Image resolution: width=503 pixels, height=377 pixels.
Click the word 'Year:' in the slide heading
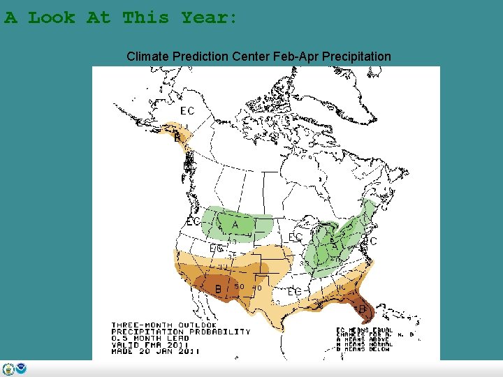[x=210, y=17]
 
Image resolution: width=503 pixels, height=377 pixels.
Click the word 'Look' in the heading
[x=52, y=17]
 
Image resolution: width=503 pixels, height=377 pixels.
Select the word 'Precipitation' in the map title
[x=355, y=56]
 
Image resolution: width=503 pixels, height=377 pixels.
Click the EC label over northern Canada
[x=187, y=111]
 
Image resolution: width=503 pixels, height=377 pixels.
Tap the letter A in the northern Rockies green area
[x=235, y=225]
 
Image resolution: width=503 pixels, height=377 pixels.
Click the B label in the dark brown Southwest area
[x=218, y=288]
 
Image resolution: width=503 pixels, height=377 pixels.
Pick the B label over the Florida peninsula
[x=361, y=307]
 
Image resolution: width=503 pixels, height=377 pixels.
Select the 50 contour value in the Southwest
[x=239, y=286]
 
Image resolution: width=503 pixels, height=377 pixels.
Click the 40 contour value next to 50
[x=256, y=288]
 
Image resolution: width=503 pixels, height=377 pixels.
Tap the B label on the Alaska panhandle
[x=177, y=138]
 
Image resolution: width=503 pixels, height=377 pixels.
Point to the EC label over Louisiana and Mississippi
[x=295, y=291]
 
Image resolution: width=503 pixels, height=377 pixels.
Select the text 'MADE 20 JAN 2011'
[x=155, y=351]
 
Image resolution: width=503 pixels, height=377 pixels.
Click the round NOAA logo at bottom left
[x=21, y=369]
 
